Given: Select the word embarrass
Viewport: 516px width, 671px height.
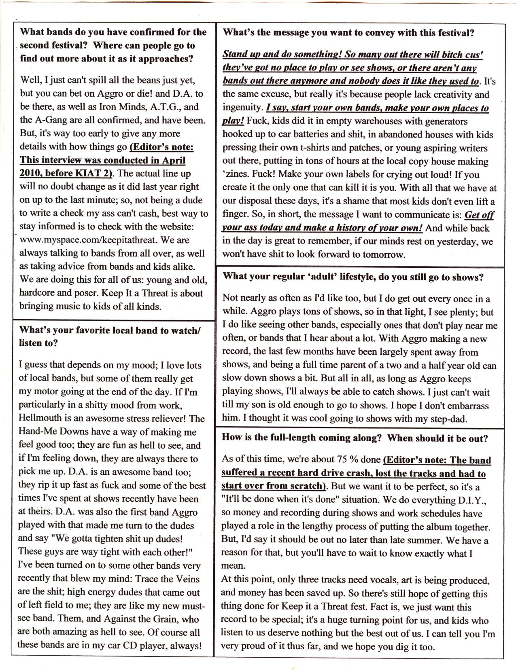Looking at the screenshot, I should click(x=465, y=406).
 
